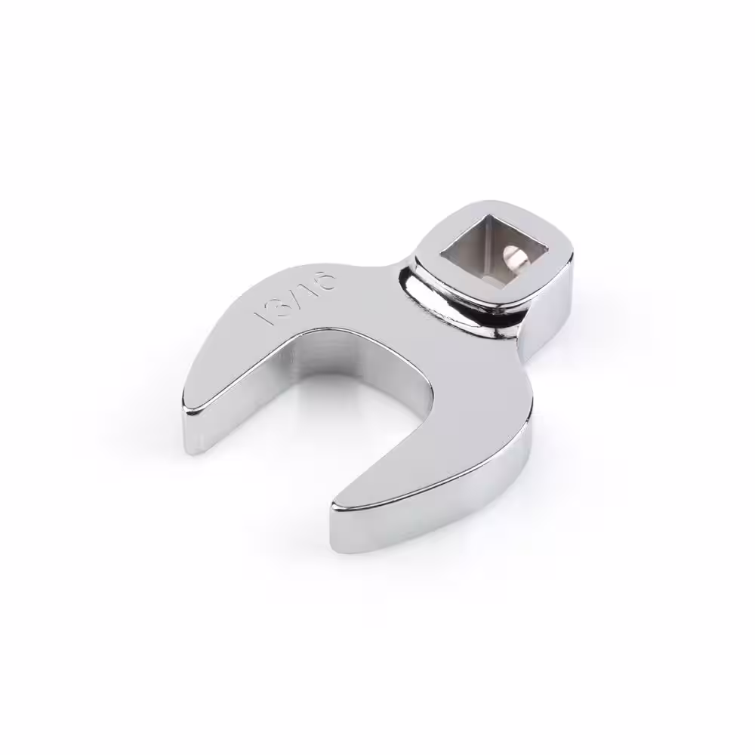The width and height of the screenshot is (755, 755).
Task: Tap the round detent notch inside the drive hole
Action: pyautogui.click(x=513, y=254)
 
